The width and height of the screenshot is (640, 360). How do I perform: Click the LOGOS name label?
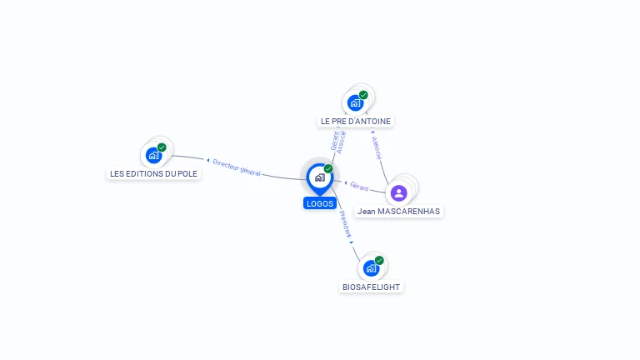click(x=320, y=203)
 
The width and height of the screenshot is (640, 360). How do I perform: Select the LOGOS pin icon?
click(x=319, y=177)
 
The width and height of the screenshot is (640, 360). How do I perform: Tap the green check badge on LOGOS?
click(x=328, y=169)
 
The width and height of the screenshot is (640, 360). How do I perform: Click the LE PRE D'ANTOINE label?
click(x=356, y=122)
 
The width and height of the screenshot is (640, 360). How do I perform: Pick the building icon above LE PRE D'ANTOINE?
click(x=355, y=103)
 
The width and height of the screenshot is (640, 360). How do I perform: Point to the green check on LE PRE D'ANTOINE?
click(x=363, y=95)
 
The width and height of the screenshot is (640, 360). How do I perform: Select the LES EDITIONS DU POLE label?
click(x=154, y=173)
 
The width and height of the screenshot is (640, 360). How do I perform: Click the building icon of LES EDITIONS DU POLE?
click(x=152, y=155)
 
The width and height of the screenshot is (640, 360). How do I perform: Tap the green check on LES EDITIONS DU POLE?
click(x=162, y=147)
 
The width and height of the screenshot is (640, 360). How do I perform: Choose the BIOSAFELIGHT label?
click(x=371, y=287)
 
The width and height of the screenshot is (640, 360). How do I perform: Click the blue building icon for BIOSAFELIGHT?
click(x=371, y=268)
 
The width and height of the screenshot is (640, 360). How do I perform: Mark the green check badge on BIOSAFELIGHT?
click(x=379, y=261)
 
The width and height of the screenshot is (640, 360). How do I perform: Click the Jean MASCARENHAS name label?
click(x=399, y=212)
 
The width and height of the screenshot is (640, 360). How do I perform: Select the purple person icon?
click(x=399, y=192)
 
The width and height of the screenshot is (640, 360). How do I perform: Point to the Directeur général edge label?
click(x=237, y=167)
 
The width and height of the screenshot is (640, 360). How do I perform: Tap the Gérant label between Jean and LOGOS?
click(x=359, y=186)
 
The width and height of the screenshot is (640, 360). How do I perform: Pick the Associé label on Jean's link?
click(x=377, y=147)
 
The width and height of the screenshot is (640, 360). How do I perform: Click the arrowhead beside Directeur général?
click(x=207, y=159)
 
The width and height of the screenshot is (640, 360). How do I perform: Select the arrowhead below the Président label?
click(x=352, y=242)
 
